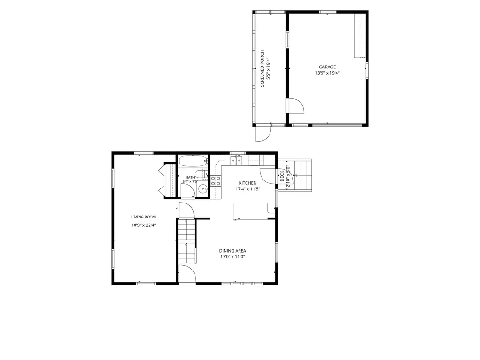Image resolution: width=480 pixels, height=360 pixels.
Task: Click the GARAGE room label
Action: [x=327, y=67]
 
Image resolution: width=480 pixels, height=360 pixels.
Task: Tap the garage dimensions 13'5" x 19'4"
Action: [x=327, y=73]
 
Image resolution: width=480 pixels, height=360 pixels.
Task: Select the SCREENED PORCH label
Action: [x=262, y=68]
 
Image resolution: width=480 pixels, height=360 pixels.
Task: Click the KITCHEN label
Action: [x=247, y=183]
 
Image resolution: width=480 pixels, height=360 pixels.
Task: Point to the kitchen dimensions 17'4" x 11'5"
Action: [x=247, y=189]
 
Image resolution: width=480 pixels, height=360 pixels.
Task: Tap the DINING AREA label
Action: [x=232, y=251]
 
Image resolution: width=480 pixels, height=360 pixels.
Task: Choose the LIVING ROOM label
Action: [x=143, y=217]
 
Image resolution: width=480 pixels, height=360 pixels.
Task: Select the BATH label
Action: [x=190, y=177]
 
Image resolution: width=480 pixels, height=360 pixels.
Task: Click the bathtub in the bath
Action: [x=193, y=161]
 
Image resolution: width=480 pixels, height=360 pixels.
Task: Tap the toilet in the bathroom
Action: [x=200, y=174]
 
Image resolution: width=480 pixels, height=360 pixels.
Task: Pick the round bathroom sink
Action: [x=202, y=189]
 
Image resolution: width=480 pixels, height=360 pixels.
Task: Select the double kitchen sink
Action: [x=236, y=160]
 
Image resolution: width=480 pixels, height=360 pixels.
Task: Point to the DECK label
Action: [x=282, y=176]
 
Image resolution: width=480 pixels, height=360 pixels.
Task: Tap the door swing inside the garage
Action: [x=295, y=106]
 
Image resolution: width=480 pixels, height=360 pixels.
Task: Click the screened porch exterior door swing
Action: [x=263, y=133]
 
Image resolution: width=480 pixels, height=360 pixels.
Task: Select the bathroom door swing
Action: [x=187, y=190]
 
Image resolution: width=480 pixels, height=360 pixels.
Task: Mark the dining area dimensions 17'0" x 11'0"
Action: [x=232, y=257]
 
